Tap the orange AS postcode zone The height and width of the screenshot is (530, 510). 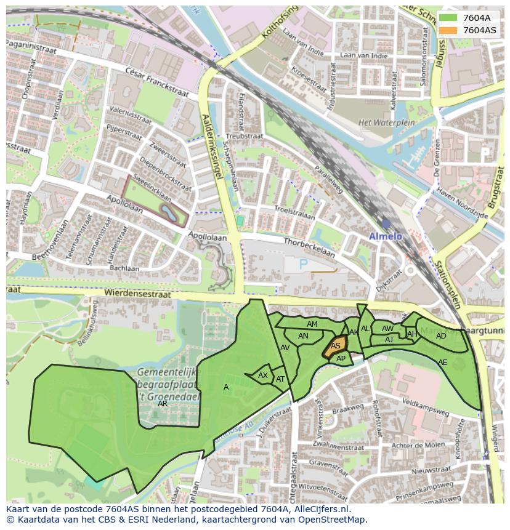pos(335,346)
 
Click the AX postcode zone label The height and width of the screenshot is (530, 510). pos(263,375)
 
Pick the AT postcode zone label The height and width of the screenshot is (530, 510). pos(280,379)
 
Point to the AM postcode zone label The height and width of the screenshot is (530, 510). pos(312,324)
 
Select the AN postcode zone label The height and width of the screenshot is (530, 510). pos(303,336)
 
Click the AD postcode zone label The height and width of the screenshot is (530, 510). pos(441,336)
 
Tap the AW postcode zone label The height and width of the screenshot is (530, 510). pos(387,329)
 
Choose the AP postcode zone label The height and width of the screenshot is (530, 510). pos(341,359)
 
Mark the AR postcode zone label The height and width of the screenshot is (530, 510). pos(163,404)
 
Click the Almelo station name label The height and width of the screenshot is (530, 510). pos(385,236)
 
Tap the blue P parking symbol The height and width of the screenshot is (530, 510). pos(302,264)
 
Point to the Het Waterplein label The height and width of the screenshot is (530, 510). pos(380,122)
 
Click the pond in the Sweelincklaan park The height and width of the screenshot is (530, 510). pos(168,212)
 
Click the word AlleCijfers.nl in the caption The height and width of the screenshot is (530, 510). pos(320,509)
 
